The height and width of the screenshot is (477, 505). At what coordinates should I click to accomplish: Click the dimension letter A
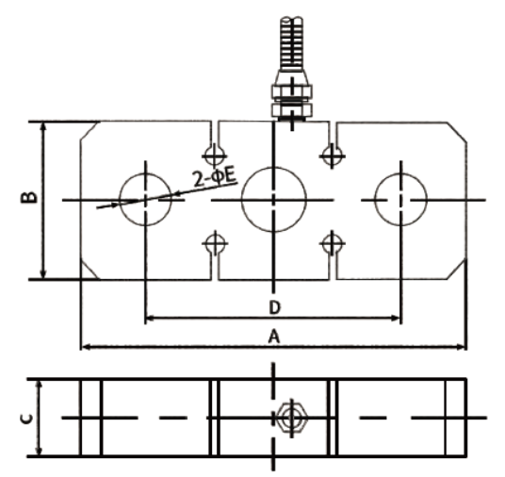[x=274, y=337]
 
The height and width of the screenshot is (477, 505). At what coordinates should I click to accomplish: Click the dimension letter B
[x=29, y=198]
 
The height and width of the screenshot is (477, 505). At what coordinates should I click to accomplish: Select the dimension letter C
[x=26, y=419]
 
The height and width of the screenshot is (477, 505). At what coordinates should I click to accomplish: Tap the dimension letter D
[x=275, y=307]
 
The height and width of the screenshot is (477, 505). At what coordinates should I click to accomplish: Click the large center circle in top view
[x=274, y=167]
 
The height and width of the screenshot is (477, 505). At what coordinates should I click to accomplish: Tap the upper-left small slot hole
[x=215, y=156]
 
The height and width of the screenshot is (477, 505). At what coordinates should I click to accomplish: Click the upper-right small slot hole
[x=333, y=156]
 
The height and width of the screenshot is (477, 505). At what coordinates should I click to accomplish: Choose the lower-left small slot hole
[x=215, y=243]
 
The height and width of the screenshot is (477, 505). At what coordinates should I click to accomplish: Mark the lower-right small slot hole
[x=333, y=243]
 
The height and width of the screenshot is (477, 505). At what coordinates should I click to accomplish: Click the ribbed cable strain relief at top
[x=291, y=43]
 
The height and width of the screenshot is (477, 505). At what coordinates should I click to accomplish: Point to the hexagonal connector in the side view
[x=292, y=418]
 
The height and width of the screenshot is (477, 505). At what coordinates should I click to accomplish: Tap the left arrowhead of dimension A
[x=87, y=347]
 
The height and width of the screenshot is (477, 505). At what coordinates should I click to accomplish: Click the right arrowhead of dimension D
[x=396, y=318]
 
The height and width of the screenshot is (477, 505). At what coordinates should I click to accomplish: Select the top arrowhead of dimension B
[x=42, y=127]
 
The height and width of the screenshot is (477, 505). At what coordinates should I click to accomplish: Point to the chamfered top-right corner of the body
[x=457, y=132]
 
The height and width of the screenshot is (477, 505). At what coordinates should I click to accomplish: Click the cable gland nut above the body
[x=292, y=91]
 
